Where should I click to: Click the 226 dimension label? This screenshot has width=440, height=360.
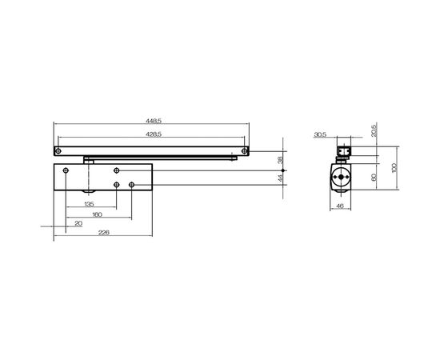click(102, 232)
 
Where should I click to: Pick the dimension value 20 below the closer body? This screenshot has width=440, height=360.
click(78, 224)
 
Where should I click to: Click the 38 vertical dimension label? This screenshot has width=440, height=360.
click(279, 160)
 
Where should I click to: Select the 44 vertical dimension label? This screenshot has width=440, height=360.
click(279, 179)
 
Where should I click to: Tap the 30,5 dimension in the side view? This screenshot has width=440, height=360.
click(320, 135)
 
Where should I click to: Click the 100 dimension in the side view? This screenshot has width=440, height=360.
click(393, 169)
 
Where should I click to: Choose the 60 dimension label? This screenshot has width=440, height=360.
click(375, 177)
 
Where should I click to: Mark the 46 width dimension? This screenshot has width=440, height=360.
click(340, 207)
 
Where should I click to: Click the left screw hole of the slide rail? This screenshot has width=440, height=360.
click(58, 150)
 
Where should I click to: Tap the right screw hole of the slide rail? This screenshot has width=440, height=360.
click(241, 150)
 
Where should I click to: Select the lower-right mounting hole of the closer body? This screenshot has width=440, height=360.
click(130, 186)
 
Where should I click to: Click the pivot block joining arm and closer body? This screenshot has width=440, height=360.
click(89, 160)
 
